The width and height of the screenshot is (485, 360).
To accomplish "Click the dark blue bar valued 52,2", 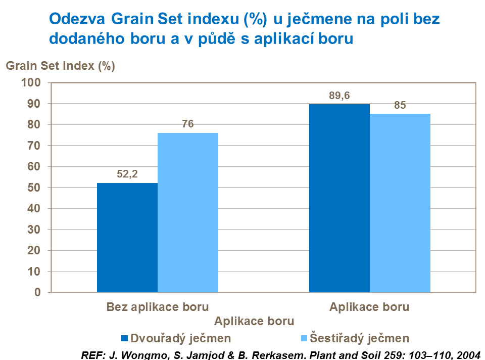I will pyautogui.click(x=127, y=237).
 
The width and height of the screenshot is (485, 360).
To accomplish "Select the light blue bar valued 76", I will pyautogui.click(x=187, y=212).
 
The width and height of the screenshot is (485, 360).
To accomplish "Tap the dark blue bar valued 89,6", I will pyautogui.click(x=339, y=198).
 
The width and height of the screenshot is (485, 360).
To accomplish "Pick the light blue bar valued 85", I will pyautogui.click(x=400, y=203).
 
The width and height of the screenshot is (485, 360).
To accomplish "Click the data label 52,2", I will pyautogui.click(x=127, y=174).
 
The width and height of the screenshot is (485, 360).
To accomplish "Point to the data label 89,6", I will pyautogui.click(x=339, y=96).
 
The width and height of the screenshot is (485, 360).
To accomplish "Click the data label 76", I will pyautogui.click(x=187, y=124).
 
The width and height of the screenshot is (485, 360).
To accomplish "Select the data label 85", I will pyautogui.click(x=400, y=106).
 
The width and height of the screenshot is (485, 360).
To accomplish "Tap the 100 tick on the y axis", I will pyautogui.click(x=31, y=82).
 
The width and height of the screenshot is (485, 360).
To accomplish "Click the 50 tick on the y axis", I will pyautogui.click(x=34, y=188).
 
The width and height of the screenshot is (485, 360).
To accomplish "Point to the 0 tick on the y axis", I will pyautogui.click(x=37, y=292).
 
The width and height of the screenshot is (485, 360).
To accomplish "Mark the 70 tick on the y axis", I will pyautogui.click(x=34, y=146).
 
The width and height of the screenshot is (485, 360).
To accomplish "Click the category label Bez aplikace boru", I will pyautogui.click(x=157, y=307).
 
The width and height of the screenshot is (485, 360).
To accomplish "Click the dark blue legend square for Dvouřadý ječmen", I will pyautogui.click(x=125, y=338).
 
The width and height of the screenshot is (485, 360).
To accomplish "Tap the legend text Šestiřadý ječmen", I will pyautogui.click(x=355, y=338).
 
